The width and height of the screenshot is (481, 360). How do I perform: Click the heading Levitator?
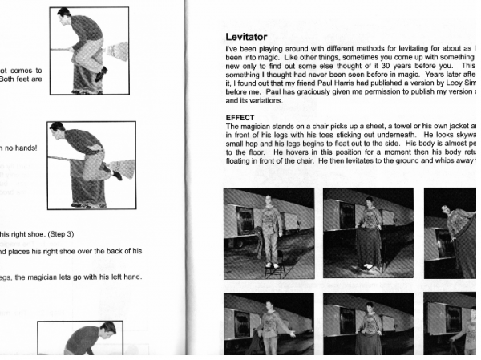click(251, 37)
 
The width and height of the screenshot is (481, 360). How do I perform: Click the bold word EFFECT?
click(240, 117)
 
